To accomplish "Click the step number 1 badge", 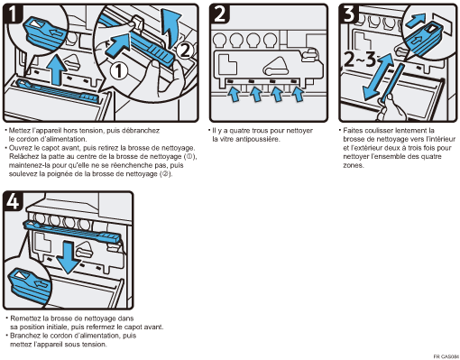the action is pos(13,14).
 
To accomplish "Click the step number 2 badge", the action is pos(220,14).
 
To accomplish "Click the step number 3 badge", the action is pos(349,14).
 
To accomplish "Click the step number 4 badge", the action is pos(13,201).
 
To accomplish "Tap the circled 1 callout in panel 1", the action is pos(118,71).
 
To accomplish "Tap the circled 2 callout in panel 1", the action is pos(184,51).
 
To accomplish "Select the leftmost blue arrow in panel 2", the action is pos(234,94).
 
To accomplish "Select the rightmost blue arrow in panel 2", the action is pos(299,94).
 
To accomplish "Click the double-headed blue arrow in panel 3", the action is pos(379,77).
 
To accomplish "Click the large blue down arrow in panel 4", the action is pos(69,257).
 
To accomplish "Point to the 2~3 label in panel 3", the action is pos(360,60).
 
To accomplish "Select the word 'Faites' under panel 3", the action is pos(353,131).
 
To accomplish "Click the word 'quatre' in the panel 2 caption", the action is pos(240,131).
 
